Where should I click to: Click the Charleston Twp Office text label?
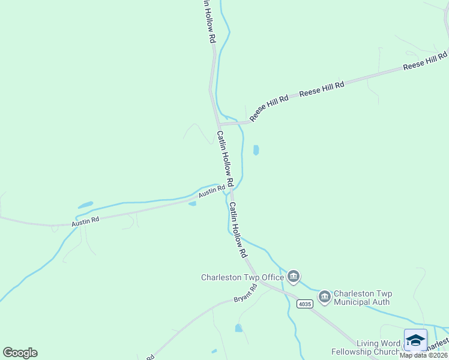pos(242,277)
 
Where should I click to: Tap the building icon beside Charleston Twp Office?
pos(294,276)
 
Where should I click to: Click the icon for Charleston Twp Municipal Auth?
pos(325,296)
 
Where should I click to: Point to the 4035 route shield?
pos(305,304)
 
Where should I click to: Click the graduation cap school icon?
pos(415,340)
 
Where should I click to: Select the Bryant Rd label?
pos(245,293)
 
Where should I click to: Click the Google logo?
pos(20,353)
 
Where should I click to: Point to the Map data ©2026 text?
pos(423,355)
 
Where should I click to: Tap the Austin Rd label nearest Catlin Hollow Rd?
pos(212,191)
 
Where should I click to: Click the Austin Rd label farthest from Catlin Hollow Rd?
pos(85,221)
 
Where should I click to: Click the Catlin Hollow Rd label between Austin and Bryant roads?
pos(238,230)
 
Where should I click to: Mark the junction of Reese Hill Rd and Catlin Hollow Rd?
pos(218,124)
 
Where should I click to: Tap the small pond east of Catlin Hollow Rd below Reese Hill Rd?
pos(256,149)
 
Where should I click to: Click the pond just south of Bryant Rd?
pos(239,328)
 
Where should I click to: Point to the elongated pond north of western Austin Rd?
pos(85,205)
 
